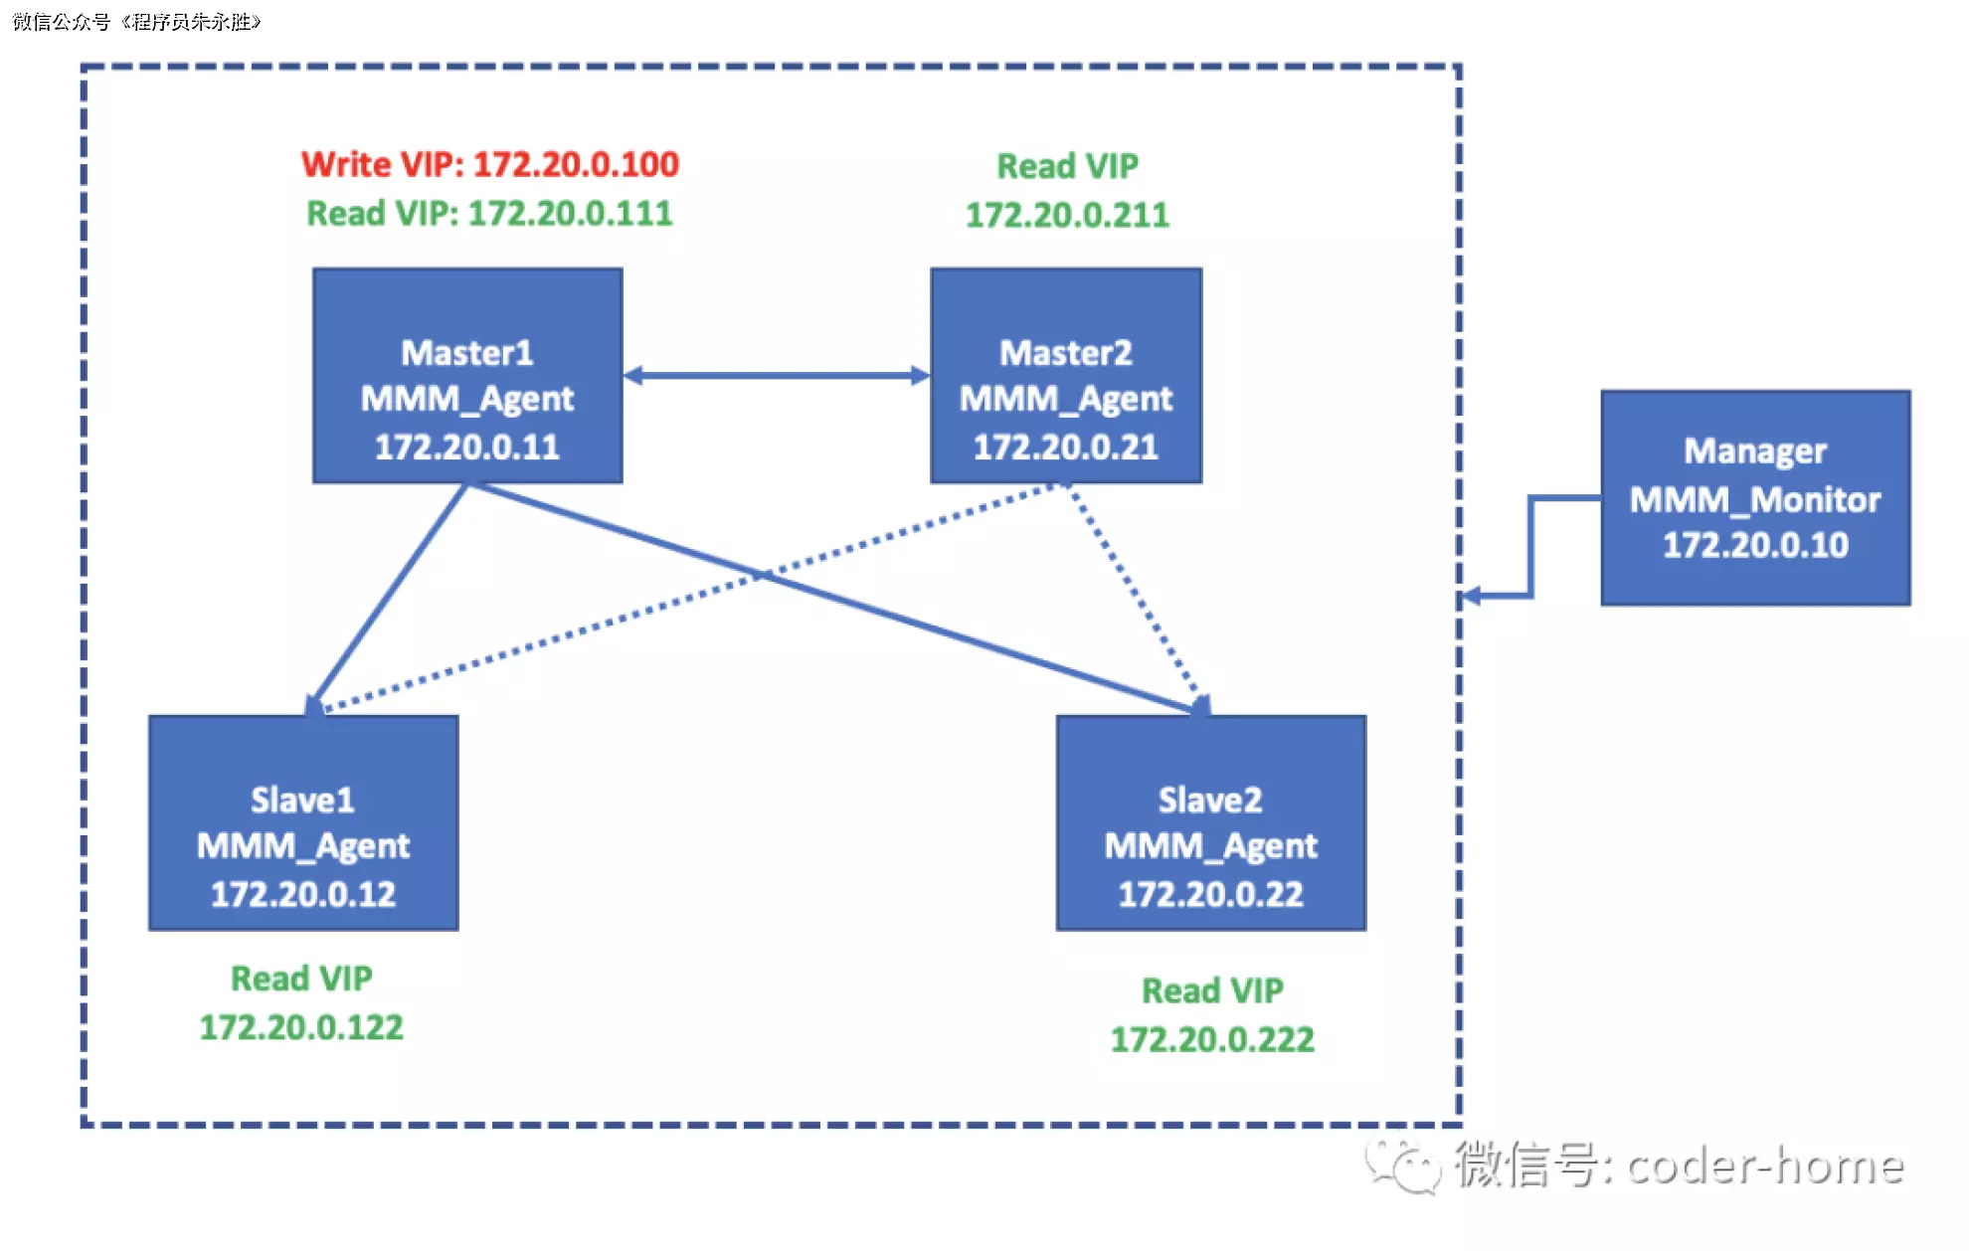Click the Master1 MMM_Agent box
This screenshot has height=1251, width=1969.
(x=467, y=376)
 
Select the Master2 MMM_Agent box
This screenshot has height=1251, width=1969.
(x=1066, y=376)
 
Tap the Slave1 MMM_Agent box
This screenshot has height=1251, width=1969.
(x=303, y=823)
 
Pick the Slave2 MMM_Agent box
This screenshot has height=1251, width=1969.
(x=1210, y=823)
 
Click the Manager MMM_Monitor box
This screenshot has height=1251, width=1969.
(x=1755, y=497)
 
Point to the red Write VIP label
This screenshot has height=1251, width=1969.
(x=490, y=164)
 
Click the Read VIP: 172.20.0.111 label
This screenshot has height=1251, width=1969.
(x=489, y=213)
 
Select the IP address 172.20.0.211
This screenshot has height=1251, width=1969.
(x=1067, y=215)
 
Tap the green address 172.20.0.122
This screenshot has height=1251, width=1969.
(x=301, y=1027)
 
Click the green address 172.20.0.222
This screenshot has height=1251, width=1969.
(x=1212, y=1039)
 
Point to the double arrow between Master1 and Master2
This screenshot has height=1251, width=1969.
(x=776, y=376)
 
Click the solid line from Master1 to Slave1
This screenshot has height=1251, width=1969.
(x=388, y=597)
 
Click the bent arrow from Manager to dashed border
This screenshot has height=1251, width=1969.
(x=1531, y=547)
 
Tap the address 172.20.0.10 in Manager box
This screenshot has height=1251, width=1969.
(x=1755, y=545)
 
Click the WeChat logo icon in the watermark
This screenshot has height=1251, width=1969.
(x=1402, y=1165)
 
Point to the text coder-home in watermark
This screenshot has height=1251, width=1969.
(x=1765, y=1165)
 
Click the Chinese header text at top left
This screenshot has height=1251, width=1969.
(x=136, y=22)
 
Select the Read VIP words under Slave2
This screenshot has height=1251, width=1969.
(x=1212, y=990)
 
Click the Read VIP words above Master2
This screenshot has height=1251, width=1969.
(x=1067, y=166)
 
